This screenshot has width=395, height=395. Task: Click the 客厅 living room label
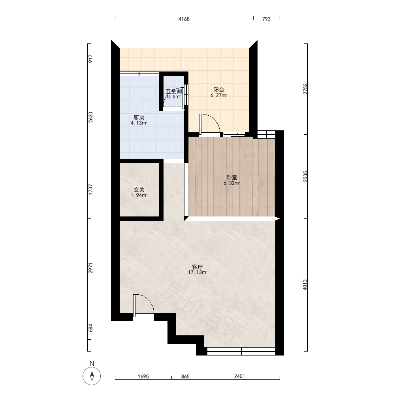pyautogui.click(x=197, y=267)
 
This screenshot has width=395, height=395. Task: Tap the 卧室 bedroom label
pyautogui.click(x=231, y=178)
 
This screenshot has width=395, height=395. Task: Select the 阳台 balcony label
pyautogui.click(x=219, y=90)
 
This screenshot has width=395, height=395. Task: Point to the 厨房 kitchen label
pyautogui.click(x=139, y=118)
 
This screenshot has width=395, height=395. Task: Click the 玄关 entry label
pyautogui.click(x=139, y=190)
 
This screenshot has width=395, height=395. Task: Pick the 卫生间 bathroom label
pyautogui.click(x=174, y=91)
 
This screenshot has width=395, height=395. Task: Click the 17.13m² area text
pyautogui.click(x=197, y=272)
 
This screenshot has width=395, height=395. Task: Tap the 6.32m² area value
pyautogui.click(x=231, y=183)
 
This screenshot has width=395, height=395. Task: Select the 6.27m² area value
pyautogui.click(x=219, y=95)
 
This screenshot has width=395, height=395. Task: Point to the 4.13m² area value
pyautogui.click(x=139, y=123)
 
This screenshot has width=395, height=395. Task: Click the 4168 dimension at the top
pyautogui.click(x=184, y=19)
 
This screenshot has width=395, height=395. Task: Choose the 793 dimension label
pyautogui.click(x=266, y=19)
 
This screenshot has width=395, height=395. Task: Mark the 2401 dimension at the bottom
pyautogui.click(x=239, y=376)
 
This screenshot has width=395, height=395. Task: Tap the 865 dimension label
pyautogui.click(x=185, y=376)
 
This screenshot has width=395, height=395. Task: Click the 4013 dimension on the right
pyautogui.click(x=305, y=285)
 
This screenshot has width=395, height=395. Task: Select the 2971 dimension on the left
pyautogui.click(x=91, y=268)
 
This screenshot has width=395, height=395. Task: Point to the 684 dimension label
pyautogui.click(x=91, y=328)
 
